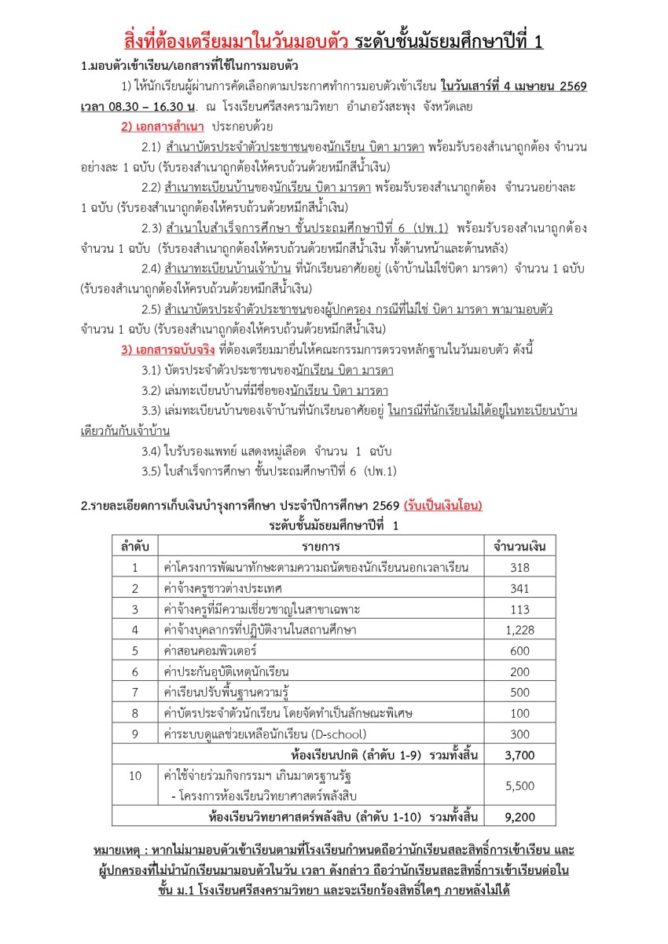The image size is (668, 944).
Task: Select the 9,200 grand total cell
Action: (x=519, y=816)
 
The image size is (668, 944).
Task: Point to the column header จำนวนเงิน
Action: (x=519, y=546)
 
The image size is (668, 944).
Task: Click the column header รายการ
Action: (x=321, y=546)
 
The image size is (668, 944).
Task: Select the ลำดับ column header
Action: (x=135, y=546)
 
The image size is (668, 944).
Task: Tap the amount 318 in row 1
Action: (x=519, y=567)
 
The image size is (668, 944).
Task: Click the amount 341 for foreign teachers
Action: (x=519, y=587)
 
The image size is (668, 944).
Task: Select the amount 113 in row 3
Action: (x=519, y=609)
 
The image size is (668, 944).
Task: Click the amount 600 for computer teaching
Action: (x=519, y=650)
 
